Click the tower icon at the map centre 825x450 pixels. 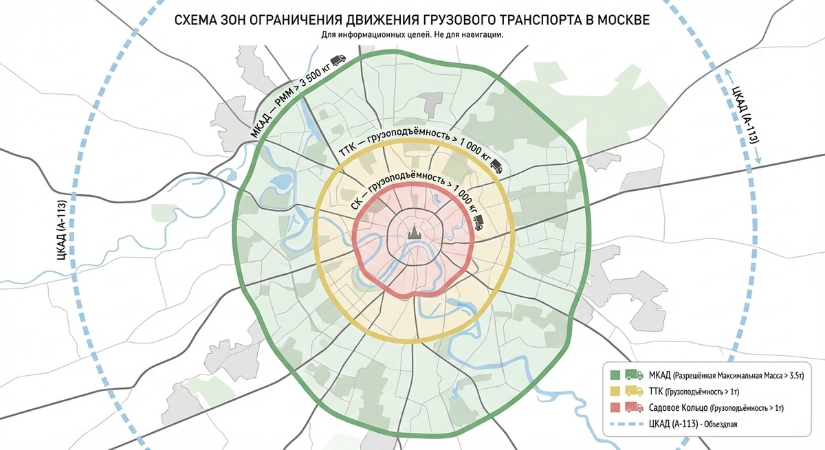(414, 233)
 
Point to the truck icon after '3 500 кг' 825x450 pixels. (338, 61)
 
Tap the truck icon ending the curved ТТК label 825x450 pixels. (496, 165)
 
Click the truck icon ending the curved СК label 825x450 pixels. (478, 221)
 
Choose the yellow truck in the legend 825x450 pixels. (633, 392)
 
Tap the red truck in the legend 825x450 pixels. (633, 408)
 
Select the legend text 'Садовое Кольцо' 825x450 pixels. (676, 408)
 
